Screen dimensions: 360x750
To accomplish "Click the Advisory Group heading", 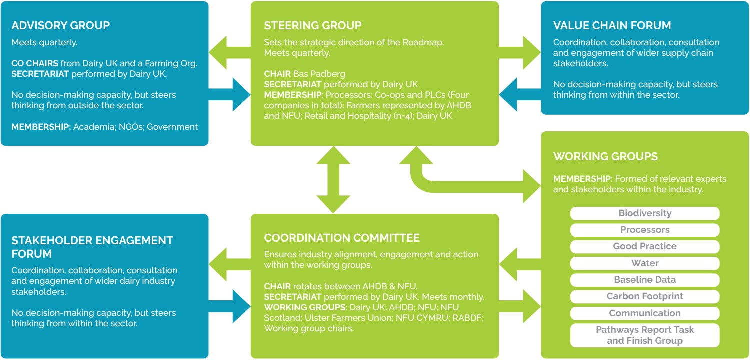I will [60, 25].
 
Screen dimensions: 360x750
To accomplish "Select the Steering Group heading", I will [312, 25].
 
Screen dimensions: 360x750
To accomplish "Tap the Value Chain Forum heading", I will [612, 25].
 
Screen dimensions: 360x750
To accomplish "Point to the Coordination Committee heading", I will [342, 238].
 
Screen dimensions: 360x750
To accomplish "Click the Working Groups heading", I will [605, 156].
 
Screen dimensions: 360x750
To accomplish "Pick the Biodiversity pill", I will [645, 213].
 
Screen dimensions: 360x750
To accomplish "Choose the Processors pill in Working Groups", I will [645, 230].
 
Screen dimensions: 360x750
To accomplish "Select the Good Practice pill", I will [645, 246].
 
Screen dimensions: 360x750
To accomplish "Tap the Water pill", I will [645, 263].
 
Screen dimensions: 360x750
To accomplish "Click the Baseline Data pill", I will [645, 280].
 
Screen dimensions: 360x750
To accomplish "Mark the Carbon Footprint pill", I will [645, 296].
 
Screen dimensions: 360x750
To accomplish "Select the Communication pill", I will [645, 313].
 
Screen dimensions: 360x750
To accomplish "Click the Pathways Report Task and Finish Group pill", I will [645, 335].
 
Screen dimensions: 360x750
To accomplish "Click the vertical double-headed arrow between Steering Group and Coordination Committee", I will [334, 180].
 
